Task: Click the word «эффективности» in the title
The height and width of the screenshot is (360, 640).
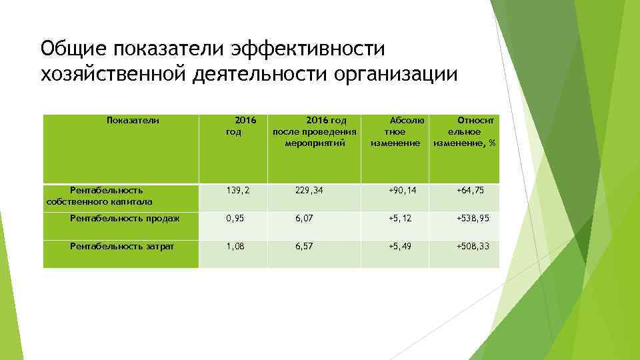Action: pos(308,49)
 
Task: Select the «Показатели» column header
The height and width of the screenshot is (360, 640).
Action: pos(133,121)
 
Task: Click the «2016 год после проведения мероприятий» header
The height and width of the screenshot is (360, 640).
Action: pos(315,131)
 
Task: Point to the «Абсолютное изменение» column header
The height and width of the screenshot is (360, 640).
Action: pos(396,131)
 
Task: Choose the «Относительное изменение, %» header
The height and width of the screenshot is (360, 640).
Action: pos(464,131)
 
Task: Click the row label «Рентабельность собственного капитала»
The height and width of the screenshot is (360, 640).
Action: pos(100,195)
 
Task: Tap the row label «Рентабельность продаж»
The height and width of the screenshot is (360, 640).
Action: pos(125,217)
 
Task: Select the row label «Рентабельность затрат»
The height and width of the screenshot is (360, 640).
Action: pos(122,246)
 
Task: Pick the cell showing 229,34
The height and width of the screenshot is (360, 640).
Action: pos(309,190)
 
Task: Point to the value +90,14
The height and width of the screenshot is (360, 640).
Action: pos(403,190)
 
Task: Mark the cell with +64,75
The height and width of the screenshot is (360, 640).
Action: pos(470,190)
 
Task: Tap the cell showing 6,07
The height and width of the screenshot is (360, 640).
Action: pos(305,217)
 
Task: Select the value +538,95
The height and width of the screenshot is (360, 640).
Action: pos(473,217)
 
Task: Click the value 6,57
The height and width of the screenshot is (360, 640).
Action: pos(305,246)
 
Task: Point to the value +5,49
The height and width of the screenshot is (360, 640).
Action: pos(401,246)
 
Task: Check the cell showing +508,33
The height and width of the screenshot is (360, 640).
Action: pos(473,246)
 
